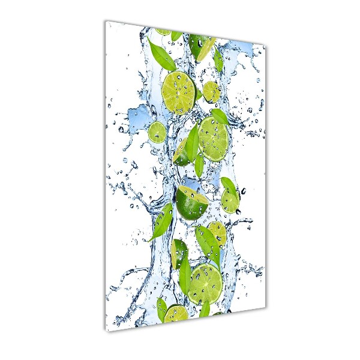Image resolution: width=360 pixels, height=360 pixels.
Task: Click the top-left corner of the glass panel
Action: tap(106, 21)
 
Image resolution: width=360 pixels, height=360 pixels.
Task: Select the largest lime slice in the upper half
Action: tap(179, 92)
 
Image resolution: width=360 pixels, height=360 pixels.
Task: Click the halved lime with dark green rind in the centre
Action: tap(192, 202)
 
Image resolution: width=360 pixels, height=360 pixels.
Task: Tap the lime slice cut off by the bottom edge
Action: tap(176, 313)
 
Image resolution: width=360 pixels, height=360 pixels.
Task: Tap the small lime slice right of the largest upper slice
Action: tap(211, 92)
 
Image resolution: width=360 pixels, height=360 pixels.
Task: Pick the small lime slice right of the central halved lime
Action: tap(230, 200)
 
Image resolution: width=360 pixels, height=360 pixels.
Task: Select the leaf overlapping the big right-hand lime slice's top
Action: tap(220, 116)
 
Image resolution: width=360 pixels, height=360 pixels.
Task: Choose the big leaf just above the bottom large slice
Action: tap(206, 242)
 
